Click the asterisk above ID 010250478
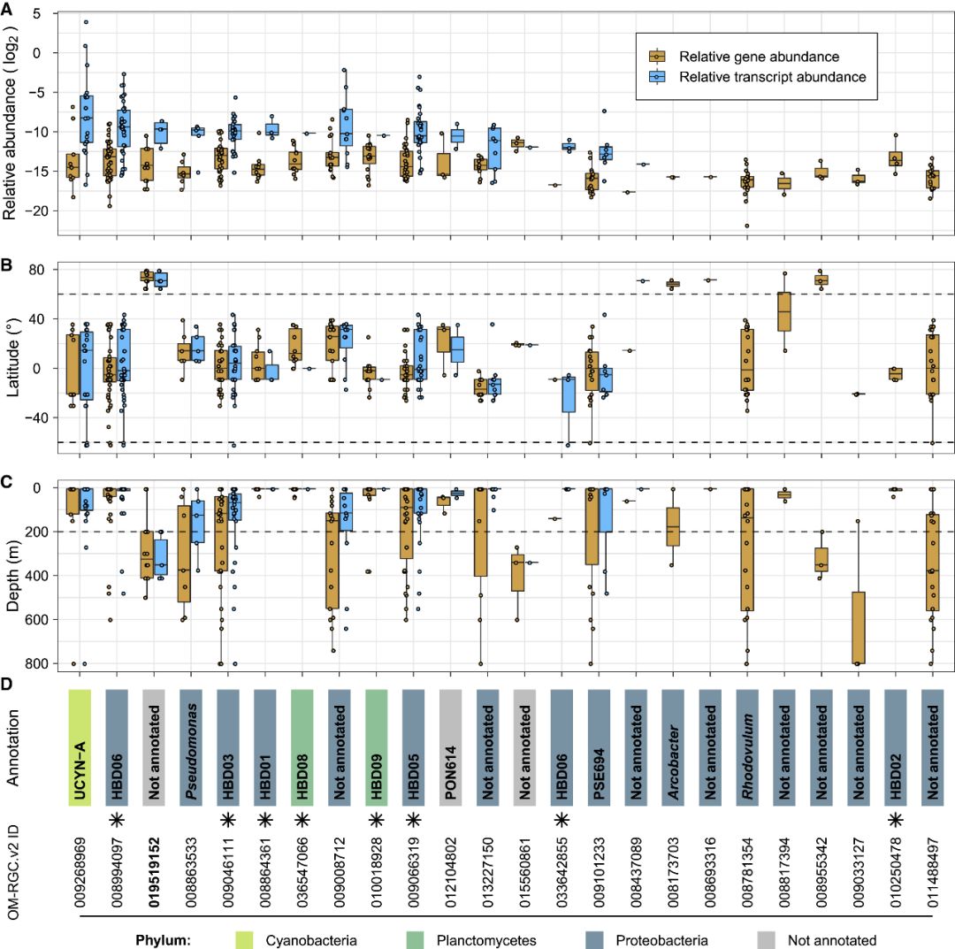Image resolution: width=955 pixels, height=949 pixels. coord(896,820)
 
